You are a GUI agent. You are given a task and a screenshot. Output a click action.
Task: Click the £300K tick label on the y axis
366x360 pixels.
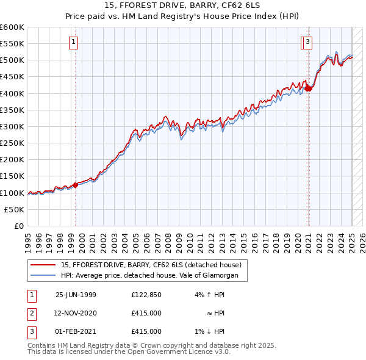tap(12, 126)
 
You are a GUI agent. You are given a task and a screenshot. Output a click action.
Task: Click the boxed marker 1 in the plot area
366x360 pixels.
tap(73, 42)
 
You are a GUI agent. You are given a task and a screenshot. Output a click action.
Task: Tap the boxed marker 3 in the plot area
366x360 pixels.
tap(308, 42)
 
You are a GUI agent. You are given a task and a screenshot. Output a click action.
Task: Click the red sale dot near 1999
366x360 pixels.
tap(76, 185)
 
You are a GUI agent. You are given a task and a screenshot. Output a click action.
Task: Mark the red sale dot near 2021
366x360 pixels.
tap(309, 88)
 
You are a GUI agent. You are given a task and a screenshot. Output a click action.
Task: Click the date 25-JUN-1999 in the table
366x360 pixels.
tap(76, 295)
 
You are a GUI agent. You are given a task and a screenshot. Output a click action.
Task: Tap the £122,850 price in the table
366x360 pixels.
tap(146, 295)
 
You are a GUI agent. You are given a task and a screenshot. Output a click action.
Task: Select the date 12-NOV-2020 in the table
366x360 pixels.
tap(76, 313)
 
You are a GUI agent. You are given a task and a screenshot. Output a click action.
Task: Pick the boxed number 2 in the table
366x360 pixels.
tap(31, 313)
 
